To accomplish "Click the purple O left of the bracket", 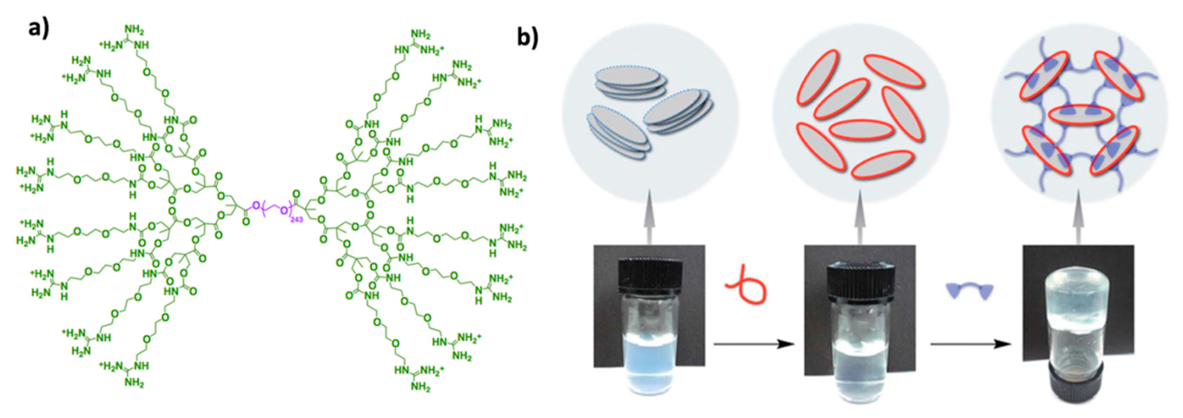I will [256, 205].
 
